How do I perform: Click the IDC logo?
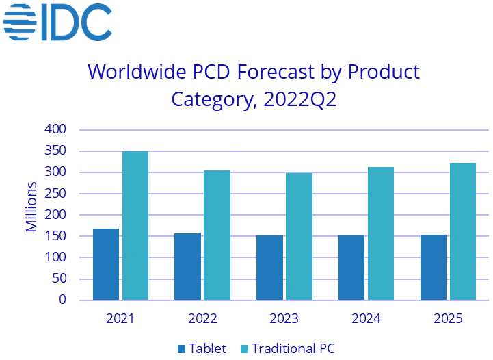tap(57, 22)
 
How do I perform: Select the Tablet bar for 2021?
tap(106, 264)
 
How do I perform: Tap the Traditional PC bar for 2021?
tap(135, 226)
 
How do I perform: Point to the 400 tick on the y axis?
tap(56, 129)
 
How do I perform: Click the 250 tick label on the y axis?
tap(56, 194)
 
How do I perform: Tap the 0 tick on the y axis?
tap(62, 300)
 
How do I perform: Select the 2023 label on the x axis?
tap(284, 318)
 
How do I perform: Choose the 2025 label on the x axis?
tap(448, 318)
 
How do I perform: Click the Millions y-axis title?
tap(31, 207)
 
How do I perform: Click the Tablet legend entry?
tap(202, 348)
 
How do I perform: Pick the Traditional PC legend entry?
tap(285, 348)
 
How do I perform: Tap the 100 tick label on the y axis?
tap(56, 257)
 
